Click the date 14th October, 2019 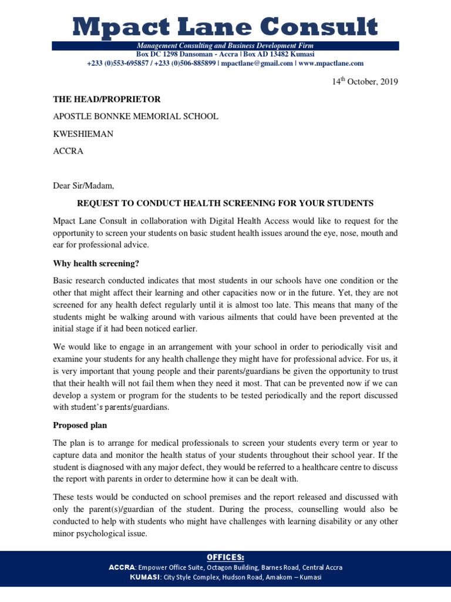(365, 82)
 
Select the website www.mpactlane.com (331, 63)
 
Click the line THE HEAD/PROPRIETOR (106, 99)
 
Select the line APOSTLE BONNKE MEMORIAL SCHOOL (136, 116)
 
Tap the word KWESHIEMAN (83, 133)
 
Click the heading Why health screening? (100, 262)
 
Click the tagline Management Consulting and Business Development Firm (225, 46)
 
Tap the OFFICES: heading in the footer (225, 557)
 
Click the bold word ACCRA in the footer (122, 567)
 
